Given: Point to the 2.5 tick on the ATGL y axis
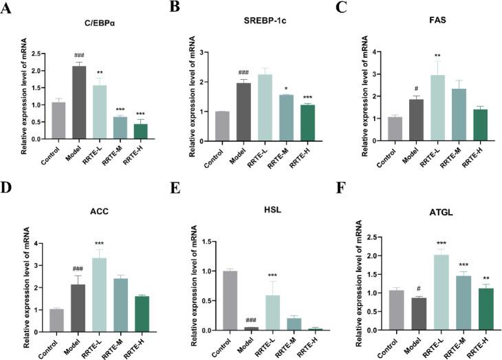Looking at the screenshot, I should [x=394, y=237].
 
